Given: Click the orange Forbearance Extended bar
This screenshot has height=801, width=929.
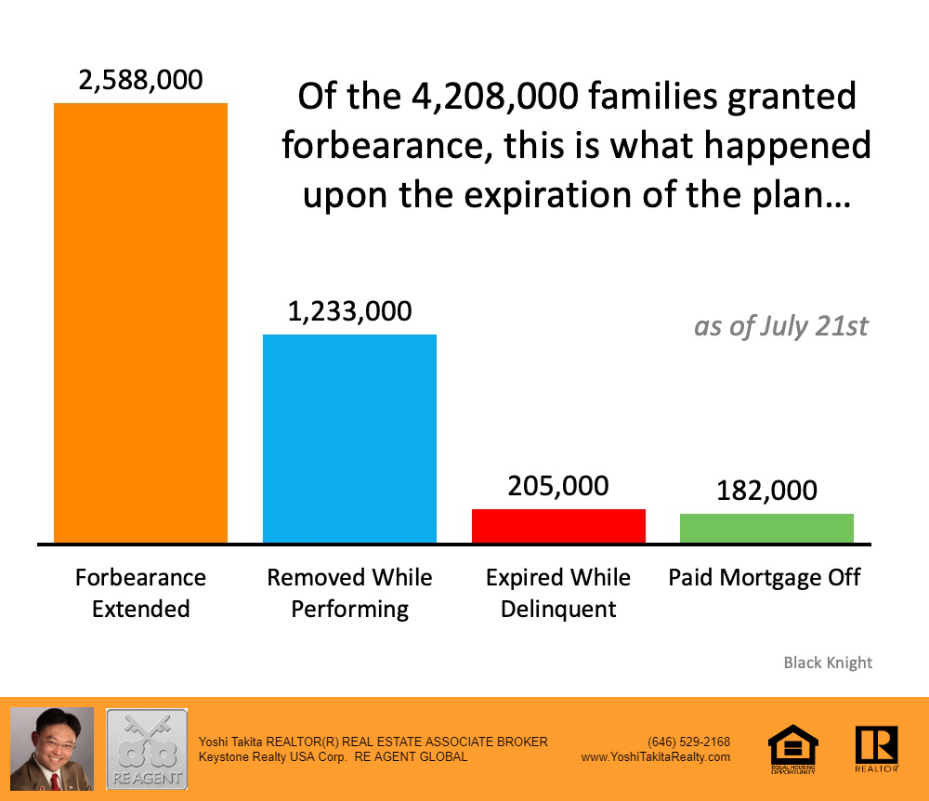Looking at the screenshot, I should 140,322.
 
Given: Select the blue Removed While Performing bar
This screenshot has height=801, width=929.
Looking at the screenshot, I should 349,438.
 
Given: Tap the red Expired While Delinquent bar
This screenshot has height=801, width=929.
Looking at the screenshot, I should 558,525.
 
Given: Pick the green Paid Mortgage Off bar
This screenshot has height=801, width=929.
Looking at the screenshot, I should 766,528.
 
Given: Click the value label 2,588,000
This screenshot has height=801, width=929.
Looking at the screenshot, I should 140,80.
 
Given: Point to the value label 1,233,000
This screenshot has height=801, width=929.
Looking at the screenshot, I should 349,311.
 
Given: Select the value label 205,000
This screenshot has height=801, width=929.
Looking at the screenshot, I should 558,486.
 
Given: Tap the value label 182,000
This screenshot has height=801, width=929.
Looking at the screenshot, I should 766,490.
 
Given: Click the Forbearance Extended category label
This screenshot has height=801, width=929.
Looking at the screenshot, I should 140,593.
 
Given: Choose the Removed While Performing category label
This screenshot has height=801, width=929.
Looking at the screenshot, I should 349,593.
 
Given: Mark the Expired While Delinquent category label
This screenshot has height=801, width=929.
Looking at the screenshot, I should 558,593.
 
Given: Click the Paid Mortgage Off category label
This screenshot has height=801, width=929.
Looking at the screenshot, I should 765,578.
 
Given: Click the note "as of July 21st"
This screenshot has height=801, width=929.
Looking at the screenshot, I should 781,327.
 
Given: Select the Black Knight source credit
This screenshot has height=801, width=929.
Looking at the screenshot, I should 828,663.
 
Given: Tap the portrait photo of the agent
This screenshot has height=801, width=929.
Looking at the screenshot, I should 52,749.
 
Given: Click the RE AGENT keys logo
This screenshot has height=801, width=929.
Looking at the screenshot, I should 147,749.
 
